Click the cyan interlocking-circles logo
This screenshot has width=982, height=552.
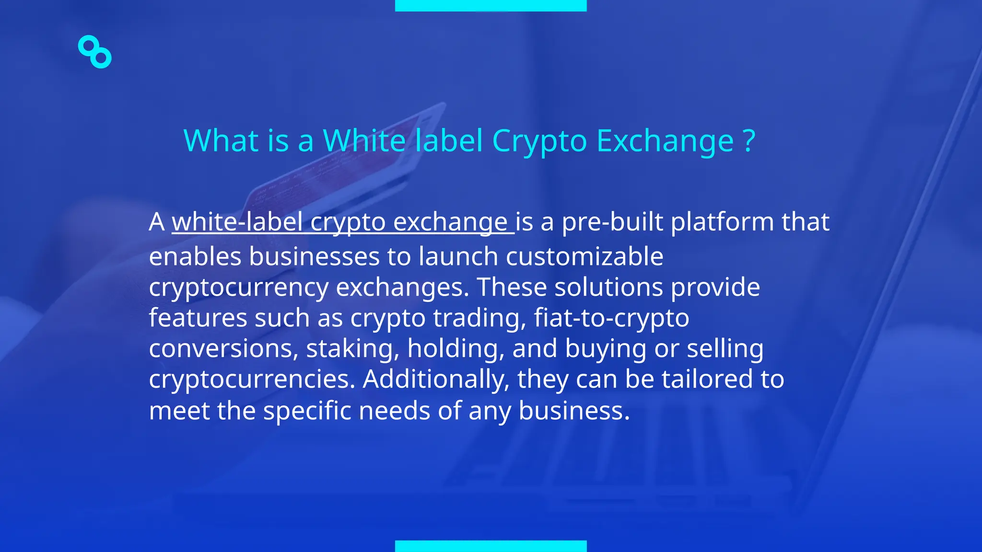(x=94, y=52)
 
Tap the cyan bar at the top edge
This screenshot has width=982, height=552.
(x=491, y=5)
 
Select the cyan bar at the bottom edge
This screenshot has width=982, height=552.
(x=491, y=546)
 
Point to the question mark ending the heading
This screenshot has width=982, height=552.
(x=749, y=141)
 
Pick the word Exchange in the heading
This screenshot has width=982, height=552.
(x=665, y=141)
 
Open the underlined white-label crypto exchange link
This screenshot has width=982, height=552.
(x=342, y=222)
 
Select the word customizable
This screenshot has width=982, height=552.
(x=585, y=256)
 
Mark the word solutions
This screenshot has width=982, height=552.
(x=608, y=287)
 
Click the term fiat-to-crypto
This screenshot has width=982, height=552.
(x=611, y=318)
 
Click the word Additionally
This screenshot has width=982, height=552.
(x=436, y=379)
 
